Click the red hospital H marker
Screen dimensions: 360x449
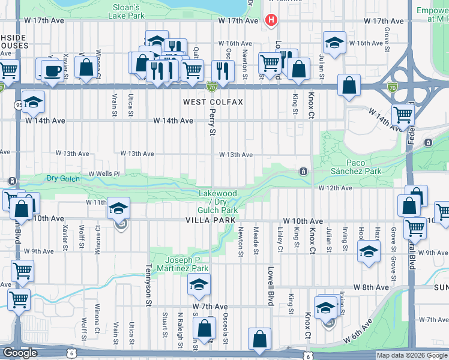[x=271, y=20]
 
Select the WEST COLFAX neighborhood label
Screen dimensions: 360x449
[x=213, y=102]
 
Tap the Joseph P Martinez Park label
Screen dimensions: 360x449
[x=187, y=263]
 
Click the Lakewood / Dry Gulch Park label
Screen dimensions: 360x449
[x=218, y=202]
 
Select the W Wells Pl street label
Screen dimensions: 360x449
[x=104, y=173]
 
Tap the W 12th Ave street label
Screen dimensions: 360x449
[x=335, y=188]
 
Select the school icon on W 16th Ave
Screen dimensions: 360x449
[x=334, y=43]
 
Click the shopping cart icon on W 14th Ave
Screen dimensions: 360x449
[x=403, y=113]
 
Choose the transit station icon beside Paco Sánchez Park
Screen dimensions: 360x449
[x=305, y=172]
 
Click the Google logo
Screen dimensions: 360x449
[x=20, y=353]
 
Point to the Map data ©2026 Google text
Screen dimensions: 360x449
[x=412, y=355]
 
